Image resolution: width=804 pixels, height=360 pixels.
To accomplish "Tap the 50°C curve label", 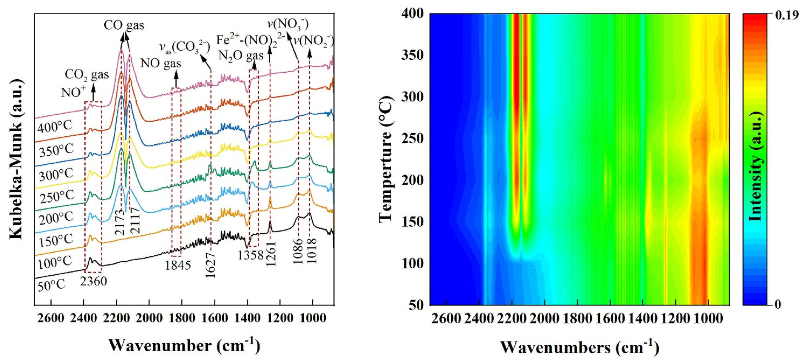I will tap(51, 285).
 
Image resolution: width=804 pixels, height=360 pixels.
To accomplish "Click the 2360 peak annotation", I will tap(93, 281).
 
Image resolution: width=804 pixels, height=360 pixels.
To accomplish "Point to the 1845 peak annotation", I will tap(177, 265).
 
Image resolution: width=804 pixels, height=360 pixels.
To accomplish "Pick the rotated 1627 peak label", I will tap(211, 265).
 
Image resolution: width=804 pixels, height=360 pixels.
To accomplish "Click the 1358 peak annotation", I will tap(251, 255).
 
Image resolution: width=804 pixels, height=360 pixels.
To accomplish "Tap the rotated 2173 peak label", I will tap(120, 222).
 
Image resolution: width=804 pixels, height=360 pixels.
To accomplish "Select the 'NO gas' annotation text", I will tap(161, 63).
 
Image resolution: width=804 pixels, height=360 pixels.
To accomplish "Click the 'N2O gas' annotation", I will tap(241, 56).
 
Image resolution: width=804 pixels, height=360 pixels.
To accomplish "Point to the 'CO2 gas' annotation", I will tap(87, 75).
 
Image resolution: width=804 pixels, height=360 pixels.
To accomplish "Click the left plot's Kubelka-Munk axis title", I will tap(16, 159).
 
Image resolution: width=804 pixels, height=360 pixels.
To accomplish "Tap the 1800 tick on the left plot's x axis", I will tap(181, 318).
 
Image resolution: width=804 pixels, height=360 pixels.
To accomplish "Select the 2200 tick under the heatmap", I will tap(512, 318).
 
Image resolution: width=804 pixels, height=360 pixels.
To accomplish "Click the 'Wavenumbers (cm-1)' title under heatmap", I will tap(580, 347).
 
